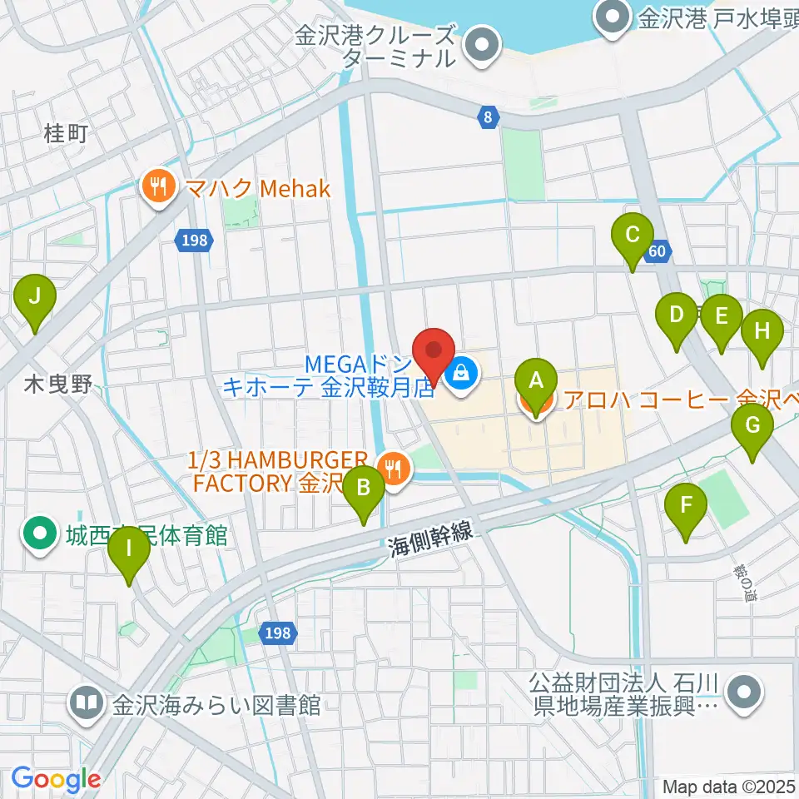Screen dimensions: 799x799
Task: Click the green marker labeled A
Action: [x=537, y=383]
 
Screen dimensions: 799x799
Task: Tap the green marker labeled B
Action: [x=365, y=489]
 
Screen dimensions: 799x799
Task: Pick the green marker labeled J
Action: [x=35, y=297]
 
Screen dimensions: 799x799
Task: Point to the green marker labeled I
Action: [x=129, y=550]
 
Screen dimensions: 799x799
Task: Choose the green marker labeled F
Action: [x=687, y=506]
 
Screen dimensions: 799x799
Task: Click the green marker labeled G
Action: [x=752, y=427]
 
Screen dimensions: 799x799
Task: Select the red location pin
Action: [x=434, y=350]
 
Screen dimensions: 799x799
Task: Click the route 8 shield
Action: [x=488, y=117]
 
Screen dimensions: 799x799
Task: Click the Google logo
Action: [x=56, y=780]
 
